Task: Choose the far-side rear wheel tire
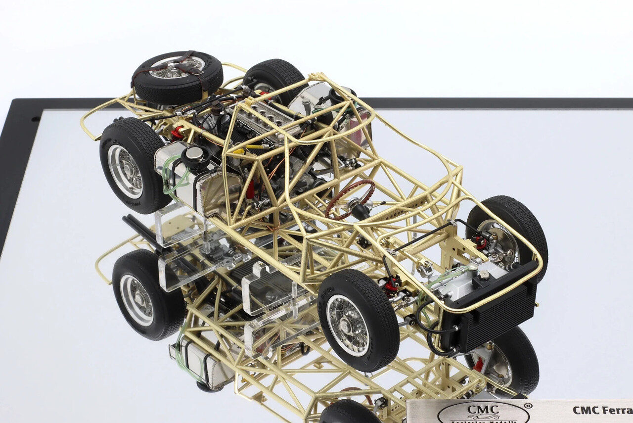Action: (274, 79)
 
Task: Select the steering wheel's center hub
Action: (356, 203)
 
